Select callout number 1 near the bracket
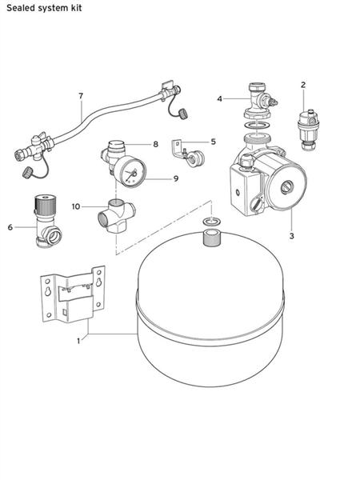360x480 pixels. click(x=78, y=341)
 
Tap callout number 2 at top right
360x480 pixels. click(x=303, y=84)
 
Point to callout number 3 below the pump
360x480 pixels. click(x=292, y=236)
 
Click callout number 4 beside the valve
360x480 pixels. click(x=219, y=98)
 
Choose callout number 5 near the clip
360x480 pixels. click(x=213, y=142)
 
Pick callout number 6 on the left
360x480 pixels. click(x=10, y=227)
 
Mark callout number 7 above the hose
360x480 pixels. click(x=81, y=96)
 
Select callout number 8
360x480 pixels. click(x=155, y=144)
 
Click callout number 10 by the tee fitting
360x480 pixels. click(x=77, y=206)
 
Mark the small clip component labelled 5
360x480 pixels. click(x=190, y=155)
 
